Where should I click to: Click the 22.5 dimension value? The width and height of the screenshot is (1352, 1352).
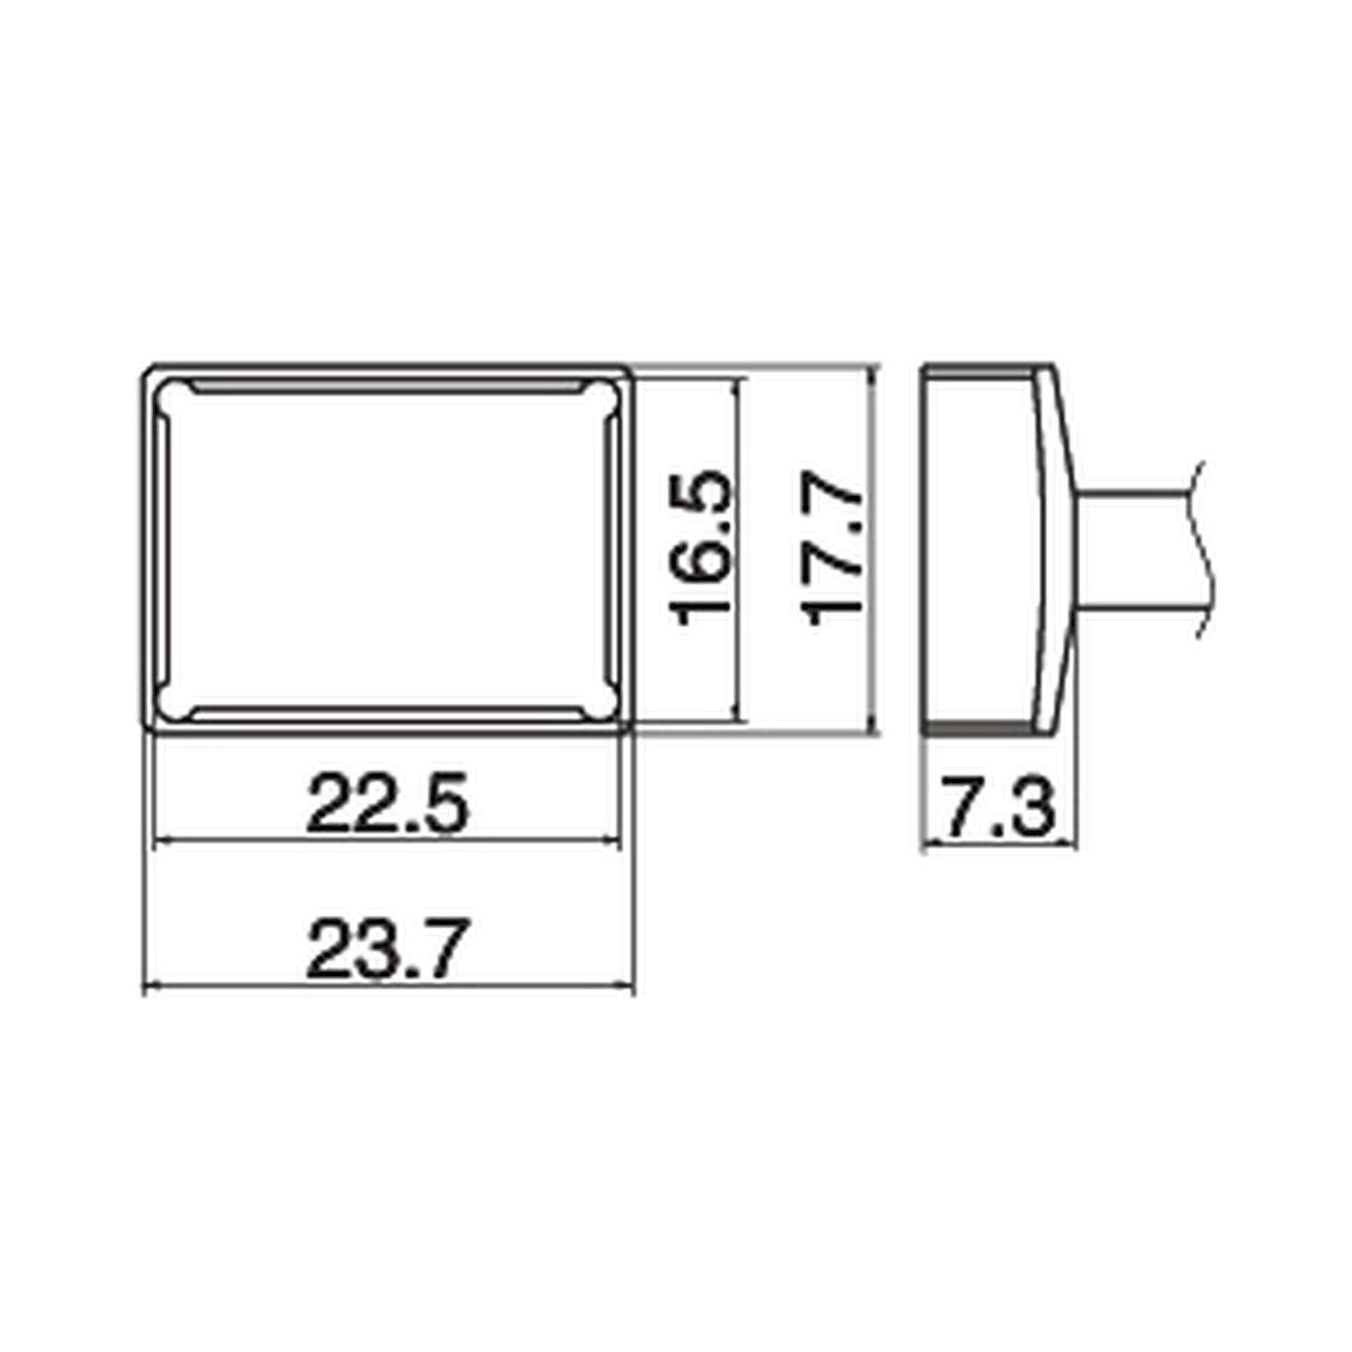point(386,802)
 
